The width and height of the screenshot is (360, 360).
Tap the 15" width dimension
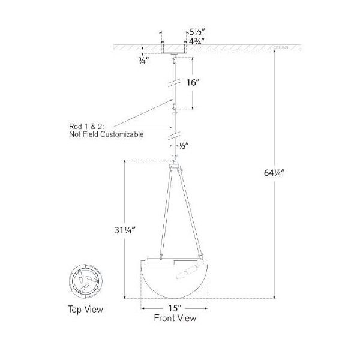[173, 307]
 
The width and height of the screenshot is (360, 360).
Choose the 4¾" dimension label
[197, 42]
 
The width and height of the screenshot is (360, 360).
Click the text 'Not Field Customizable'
[106, 135]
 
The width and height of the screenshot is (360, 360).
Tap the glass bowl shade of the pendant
[174, 279]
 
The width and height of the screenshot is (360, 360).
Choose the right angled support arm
[190, 213]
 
